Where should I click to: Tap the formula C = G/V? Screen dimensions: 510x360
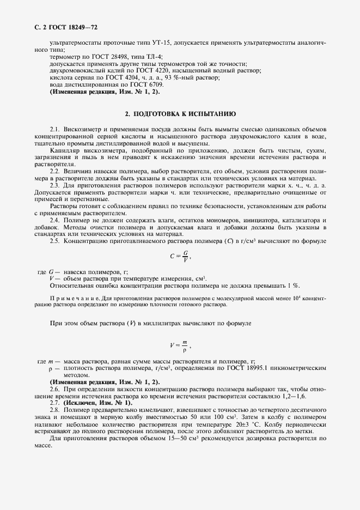pos(180,255)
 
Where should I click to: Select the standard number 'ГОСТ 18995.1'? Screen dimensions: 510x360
pos(248,368)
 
